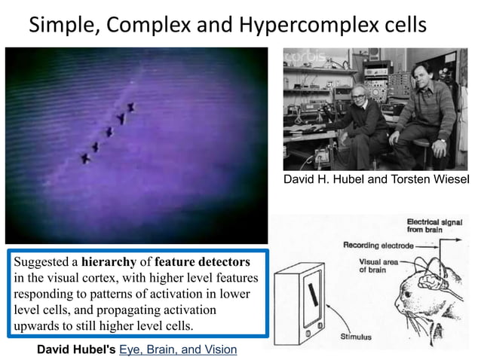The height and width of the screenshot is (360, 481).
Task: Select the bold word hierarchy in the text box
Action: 111,261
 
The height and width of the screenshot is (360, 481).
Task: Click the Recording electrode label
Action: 376,245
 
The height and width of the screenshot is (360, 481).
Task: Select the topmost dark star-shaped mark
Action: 130,108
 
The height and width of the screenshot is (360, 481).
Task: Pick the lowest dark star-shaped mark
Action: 85,158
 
